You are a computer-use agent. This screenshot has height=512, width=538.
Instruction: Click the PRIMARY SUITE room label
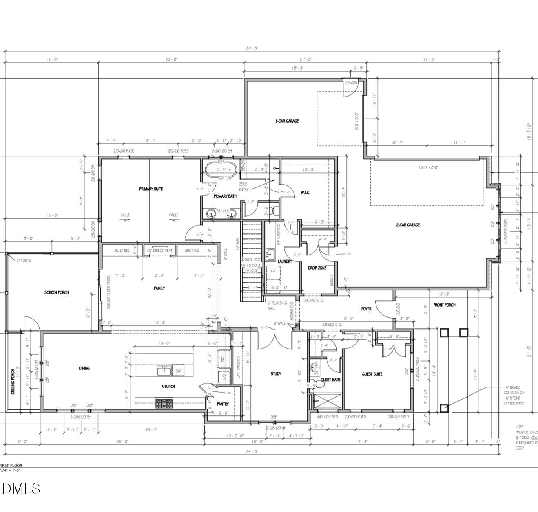[x=151, y=189]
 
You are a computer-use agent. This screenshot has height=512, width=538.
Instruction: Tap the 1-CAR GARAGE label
[x=287, y=121]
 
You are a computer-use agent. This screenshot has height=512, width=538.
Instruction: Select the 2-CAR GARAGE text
[x=407, y=225]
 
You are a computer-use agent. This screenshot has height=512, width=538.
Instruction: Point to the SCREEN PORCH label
[x=57, y=292]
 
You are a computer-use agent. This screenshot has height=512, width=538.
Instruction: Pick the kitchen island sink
[x=164, y=371]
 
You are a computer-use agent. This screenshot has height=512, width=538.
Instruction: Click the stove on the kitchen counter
[x=164, y=403]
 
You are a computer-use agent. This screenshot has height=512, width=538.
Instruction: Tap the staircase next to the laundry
[x=252, y=261]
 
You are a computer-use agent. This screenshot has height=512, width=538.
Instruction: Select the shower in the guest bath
[x=328, y=401]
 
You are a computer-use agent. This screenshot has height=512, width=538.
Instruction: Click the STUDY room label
[x=276, y=374]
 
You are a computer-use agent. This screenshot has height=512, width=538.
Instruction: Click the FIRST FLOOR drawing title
[x=11, y=465]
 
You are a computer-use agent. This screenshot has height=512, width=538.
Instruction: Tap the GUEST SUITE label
[x=372, y=374]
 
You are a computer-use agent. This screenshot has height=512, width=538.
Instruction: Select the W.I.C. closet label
[x=305, y=193]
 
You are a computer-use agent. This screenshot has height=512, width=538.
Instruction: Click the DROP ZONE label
[x=317, y=268]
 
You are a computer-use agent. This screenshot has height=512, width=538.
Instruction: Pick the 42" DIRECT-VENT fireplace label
[x=159, y=251]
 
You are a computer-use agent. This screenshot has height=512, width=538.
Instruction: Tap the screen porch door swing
[x=31, y=324]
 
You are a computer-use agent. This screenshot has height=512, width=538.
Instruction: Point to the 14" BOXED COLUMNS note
[x=514, y=395]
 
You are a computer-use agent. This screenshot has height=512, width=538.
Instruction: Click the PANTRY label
[x=222, y=404]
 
